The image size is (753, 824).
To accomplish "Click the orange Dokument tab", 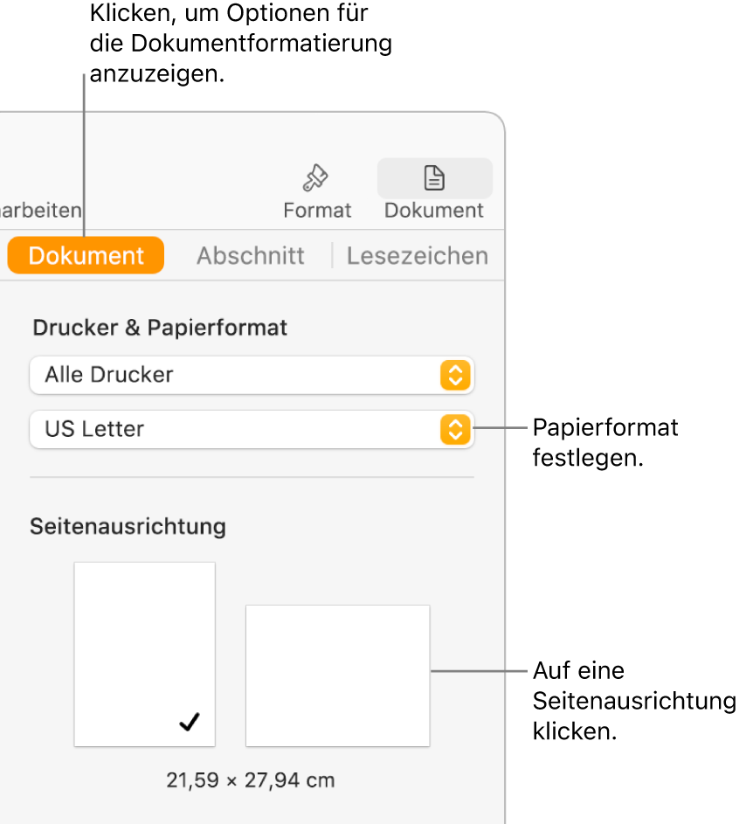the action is (86, 256).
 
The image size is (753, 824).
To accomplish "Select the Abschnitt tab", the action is (250, 256).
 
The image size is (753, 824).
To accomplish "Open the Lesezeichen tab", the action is (417, 256).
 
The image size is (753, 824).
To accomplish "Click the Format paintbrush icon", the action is (315, 179).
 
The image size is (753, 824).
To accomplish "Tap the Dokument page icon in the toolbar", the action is (434, 179).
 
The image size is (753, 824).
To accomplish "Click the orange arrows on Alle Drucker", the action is (455, 375).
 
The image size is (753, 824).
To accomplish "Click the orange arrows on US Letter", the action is (455, 430).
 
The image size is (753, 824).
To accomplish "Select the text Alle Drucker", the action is (109, 375).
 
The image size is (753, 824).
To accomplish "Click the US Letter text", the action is (94, 430).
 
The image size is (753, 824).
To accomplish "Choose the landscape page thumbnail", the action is (337, 675).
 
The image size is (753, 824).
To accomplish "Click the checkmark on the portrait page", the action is (190, 722).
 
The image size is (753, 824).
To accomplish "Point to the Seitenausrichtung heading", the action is (128, 527).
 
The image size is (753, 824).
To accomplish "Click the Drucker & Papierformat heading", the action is (160, 329).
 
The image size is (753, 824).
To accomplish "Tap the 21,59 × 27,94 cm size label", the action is (250, 780).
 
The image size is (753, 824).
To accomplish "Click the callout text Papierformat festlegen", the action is (604, 442).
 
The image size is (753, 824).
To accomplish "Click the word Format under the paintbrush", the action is (317, 211).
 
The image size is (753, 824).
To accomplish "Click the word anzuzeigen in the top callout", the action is (156, 74).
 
